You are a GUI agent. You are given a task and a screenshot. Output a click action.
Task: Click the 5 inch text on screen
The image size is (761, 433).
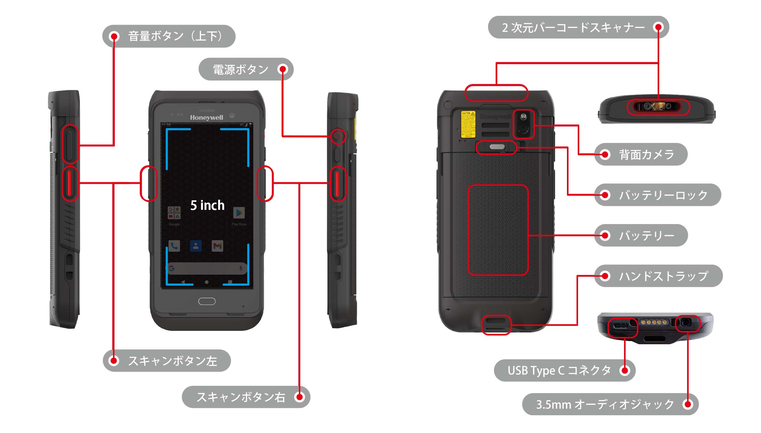click(207, 205)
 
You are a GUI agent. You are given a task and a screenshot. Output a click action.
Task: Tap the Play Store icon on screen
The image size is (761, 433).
click(239, 213)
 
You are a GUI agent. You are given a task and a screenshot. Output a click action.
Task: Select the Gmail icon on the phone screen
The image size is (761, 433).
click(217, 246)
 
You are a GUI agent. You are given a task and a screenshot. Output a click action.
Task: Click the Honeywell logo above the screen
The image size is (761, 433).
click(206, 118)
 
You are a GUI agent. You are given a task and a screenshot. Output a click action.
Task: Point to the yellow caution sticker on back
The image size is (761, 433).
click(468, 124)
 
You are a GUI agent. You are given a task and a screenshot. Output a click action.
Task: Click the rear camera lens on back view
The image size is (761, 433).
click(523, 128)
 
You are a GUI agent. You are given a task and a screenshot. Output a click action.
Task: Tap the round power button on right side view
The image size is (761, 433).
click(338, 136)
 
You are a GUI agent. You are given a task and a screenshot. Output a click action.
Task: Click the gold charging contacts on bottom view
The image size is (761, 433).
click(654, 322)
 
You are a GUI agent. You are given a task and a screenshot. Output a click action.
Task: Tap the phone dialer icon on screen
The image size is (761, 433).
click(174, 246)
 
